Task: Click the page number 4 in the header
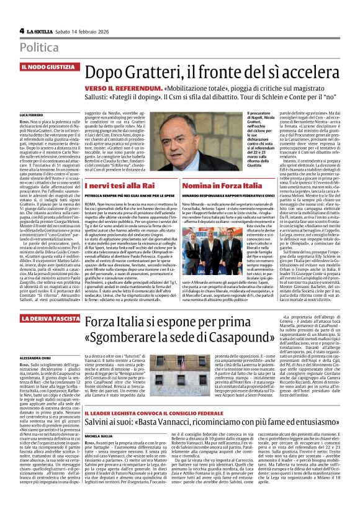[x=22, y=30]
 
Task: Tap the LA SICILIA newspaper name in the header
[x=43, y=30]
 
